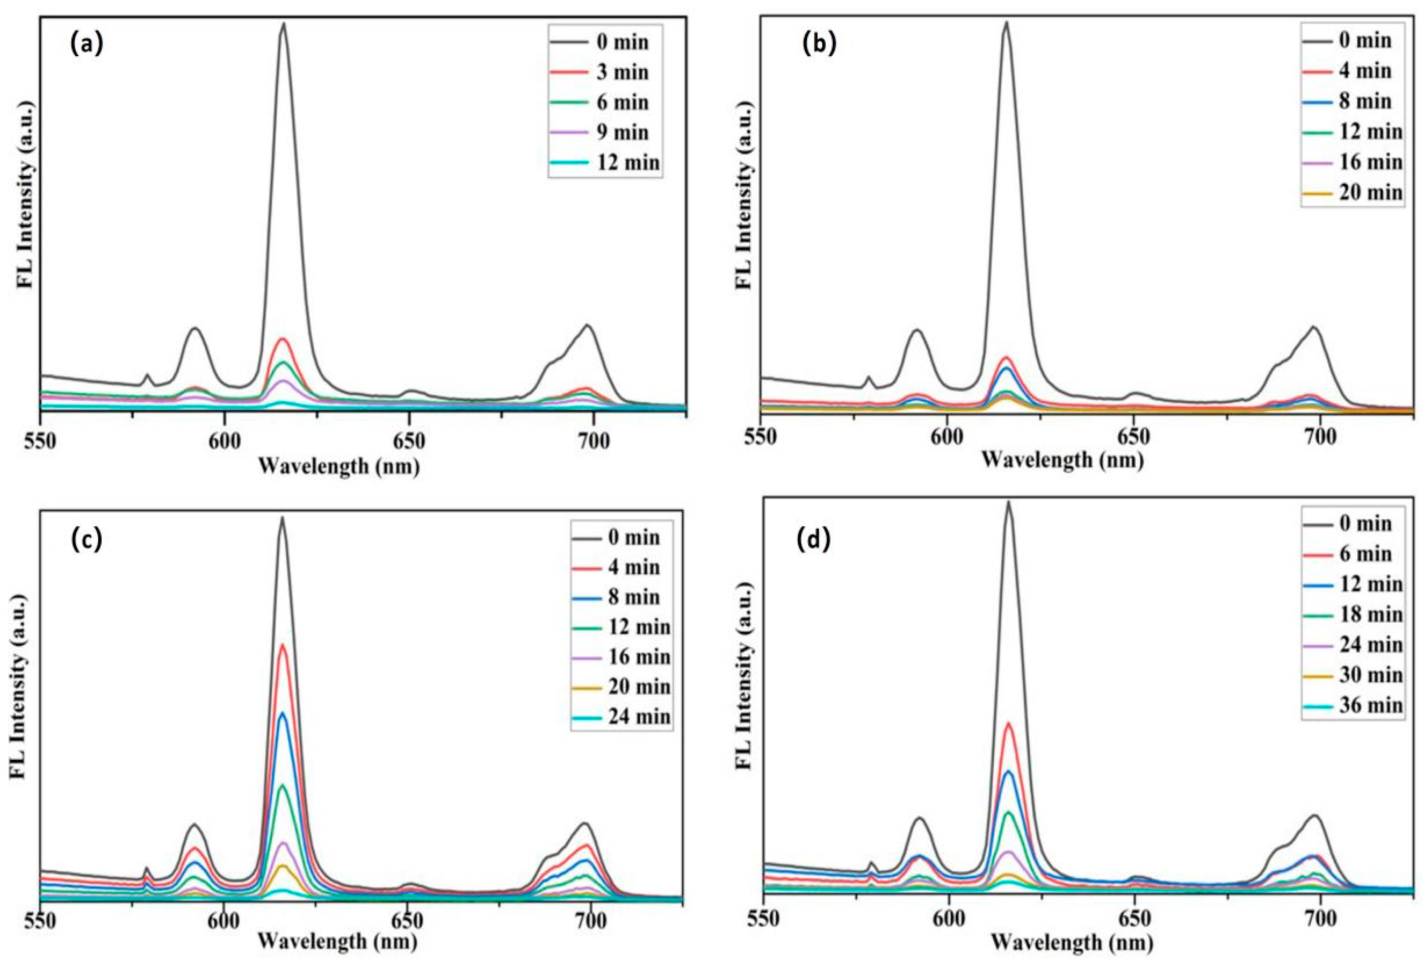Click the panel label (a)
coord(87,45)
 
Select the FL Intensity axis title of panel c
coord(18,687)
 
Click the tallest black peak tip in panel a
coord(284,25)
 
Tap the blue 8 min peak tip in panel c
coord(283,713)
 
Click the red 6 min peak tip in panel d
coord(1008,724)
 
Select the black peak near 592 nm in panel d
coord(919,818)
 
